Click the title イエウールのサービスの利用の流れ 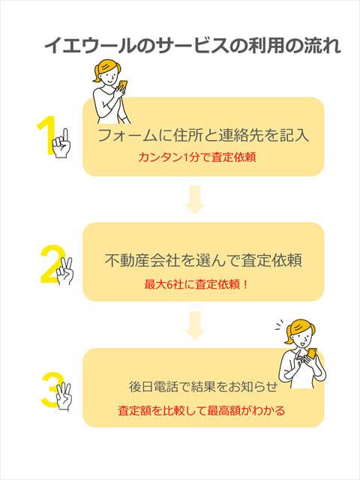(x=193, y=46)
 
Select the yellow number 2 (x=50, y=262)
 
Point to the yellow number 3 (x=50, y=390)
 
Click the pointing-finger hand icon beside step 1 (x=62, y=139)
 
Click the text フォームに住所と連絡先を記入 (x=203, y=136)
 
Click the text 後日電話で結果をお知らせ (x=203, y=387)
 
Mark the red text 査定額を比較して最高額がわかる (x=201, y=411)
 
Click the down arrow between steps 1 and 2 (x=195, y=200)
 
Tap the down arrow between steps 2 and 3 (x=195, y=325)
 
